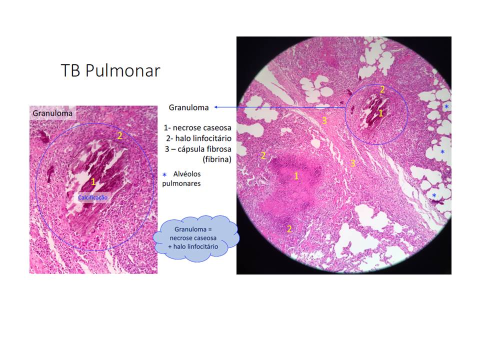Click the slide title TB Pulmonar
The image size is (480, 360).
pyautogui.click(x=110, y=70)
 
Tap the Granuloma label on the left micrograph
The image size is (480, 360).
pyautogui.click(x=52, y=113)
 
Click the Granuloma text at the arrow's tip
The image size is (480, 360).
pyautogui.click(x=188, y=107)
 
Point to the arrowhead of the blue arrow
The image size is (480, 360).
pyautogui.click(x=215, y=107)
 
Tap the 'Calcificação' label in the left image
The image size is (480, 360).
pyautogui.click(x=92, y=197)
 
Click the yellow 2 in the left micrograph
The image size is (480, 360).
pyautogui.click(x=119, y=135)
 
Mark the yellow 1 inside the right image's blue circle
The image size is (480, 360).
pyautogui.click(x=380, y=113)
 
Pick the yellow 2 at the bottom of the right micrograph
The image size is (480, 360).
pyautogui.click(x=289, y=229)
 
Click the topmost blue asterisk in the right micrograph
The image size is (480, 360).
pyautogui.click(x=446, y=107)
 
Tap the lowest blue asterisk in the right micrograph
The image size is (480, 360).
pyautogui.click(x=434, y=195)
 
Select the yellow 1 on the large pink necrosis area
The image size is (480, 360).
pyautogui.click(x=296, y=176)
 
